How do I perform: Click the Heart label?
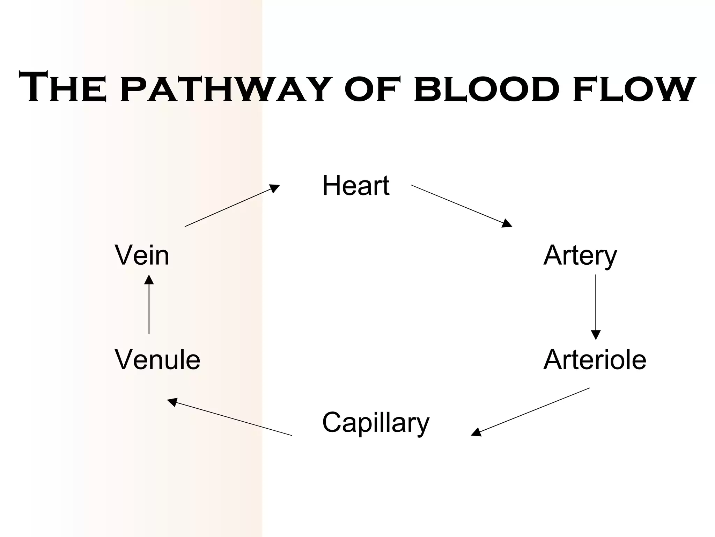click(x=355, y=186)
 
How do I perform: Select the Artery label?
click(x=580, y=256)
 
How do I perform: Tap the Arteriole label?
click(x=595, y=360)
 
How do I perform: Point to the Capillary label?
click(x=375, y=423)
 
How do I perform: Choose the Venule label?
click(x=157, y=360)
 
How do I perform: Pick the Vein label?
click(x=142, y=256)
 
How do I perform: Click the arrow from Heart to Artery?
click(x=461, y=206)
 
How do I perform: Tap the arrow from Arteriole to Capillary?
click(x=530, y=411)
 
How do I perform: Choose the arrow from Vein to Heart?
click(x=232, y=206)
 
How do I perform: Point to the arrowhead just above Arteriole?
click(x=596, y=335)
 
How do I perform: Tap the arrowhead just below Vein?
click(x=149, y=280)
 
